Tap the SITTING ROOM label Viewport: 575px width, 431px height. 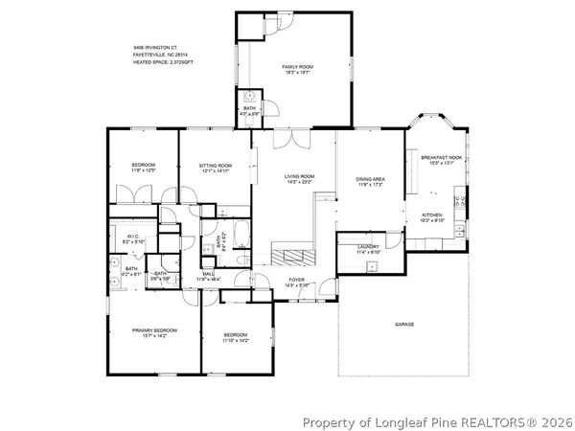pyautogui.click(x=216, y=166)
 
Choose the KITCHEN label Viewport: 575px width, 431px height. pyautogui.click(x=433, y=215)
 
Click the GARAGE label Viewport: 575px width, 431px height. pyautogui.click(x=404, y=325)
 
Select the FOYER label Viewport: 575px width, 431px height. pyautogui.click(x=297, y=280)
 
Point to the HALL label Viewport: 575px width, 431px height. pyautogui.click(x=209, y=274)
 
